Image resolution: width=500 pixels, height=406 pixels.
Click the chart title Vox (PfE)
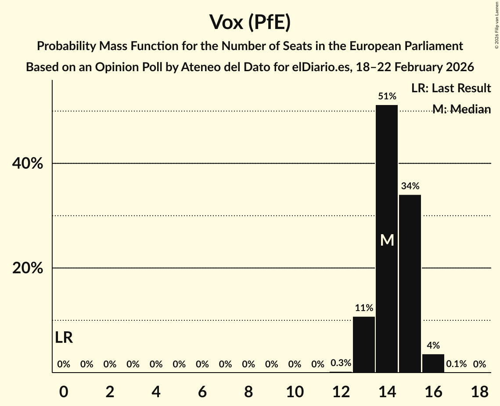(x=250, y=22)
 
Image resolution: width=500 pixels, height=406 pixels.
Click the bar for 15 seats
(x=410, y=283)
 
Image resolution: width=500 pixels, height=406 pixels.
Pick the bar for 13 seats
(x=364, y=344)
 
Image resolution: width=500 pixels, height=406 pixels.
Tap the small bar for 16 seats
(x=433, y=363)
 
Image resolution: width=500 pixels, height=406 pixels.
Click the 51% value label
(x=387, y=96)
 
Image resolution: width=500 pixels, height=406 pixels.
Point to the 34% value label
(x=410, y=186)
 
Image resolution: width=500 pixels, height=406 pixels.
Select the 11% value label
(x=364, y=308)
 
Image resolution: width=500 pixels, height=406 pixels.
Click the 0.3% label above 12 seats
(x=341, y=363)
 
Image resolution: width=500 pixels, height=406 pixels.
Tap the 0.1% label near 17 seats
(x=456, y=364)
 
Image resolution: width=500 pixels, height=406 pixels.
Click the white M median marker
(x=387, y=240)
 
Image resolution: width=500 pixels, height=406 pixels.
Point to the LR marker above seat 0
(x=64, y=337)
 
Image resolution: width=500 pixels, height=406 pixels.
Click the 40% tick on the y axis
(x=27, y=163)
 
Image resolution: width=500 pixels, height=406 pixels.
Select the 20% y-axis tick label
(x=27, y=268)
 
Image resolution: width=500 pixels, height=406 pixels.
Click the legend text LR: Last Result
(x=451, y=88)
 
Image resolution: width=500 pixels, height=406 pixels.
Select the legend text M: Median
(x=461, y=109)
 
